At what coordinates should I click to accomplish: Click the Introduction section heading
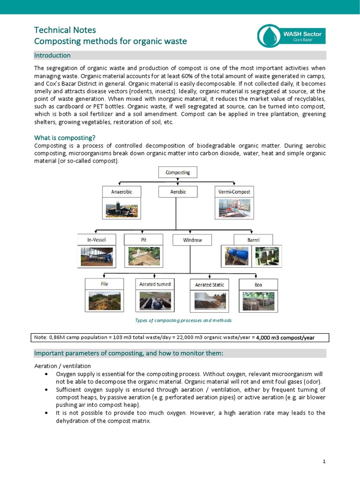point(52,55)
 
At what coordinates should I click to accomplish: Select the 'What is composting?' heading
point(65,138)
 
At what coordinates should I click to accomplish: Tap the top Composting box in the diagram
point(178,172)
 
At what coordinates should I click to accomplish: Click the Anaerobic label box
point(121,192)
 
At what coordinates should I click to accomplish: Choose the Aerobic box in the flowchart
point(178,192)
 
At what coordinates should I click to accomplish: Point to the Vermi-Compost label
point(234,192)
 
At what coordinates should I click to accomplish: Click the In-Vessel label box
point(97,240)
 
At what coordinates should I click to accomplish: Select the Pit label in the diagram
point(143,240)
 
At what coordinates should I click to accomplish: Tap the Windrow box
point(192,240)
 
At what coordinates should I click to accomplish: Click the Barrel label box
point(253,240)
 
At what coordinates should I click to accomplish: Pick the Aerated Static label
point(209,285)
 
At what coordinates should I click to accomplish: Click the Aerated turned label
point(155,284)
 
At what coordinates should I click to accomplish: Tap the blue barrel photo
point(238,256)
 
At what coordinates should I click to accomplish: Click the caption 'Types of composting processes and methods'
point(183,321)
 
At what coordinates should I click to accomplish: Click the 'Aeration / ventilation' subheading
point(62,366)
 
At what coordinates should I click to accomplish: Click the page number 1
point(323,462)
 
